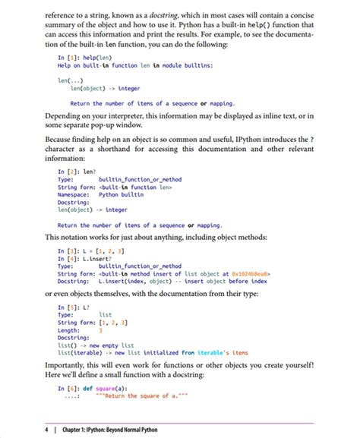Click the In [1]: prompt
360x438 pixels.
[71, 57]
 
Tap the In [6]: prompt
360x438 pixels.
[71, 388]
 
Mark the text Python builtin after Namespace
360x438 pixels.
[122, 194]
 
